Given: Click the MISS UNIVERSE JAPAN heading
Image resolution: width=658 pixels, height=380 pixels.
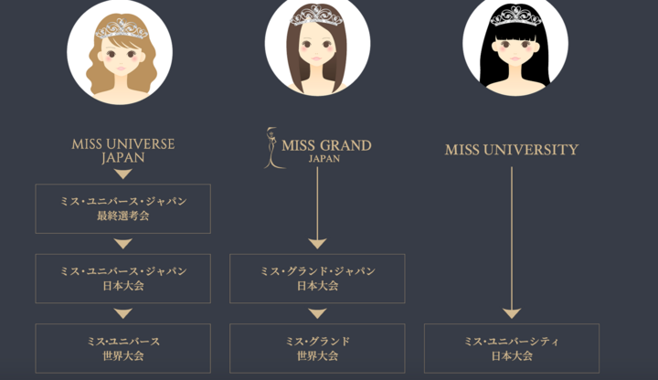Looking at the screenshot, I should (123, 151).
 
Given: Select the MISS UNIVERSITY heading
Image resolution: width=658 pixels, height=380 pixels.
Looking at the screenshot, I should (512, 150).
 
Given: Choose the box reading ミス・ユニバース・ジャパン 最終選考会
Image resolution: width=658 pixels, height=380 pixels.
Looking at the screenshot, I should (123, 208).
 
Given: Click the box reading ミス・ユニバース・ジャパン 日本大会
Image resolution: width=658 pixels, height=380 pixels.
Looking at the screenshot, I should (123, 279).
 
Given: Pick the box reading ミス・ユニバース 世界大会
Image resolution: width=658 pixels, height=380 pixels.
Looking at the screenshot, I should (123, 348).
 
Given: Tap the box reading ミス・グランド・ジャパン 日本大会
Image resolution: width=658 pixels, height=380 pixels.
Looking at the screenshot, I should (317, 279).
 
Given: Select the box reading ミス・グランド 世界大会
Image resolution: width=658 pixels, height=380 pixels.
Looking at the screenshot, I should (317, 348).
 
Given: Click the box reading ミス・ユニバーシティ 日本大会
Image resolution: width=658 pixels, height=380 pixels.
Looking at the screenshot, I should (512, 348).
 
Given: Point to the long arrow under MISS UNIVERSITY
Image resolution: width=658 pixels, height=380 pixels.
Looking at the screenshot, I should (512, 242).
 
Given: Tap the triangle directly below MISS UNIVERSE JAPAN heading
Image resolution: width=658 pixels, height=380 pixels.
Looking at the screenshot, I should (123, 174).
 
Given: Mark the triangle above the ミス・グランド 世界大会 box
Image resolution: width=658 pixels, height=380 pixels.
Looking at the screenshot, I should (317, 313).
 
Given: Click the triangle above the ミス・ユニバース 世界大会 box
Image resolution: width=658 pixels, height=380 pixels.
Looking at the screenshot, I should (123, 313).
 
